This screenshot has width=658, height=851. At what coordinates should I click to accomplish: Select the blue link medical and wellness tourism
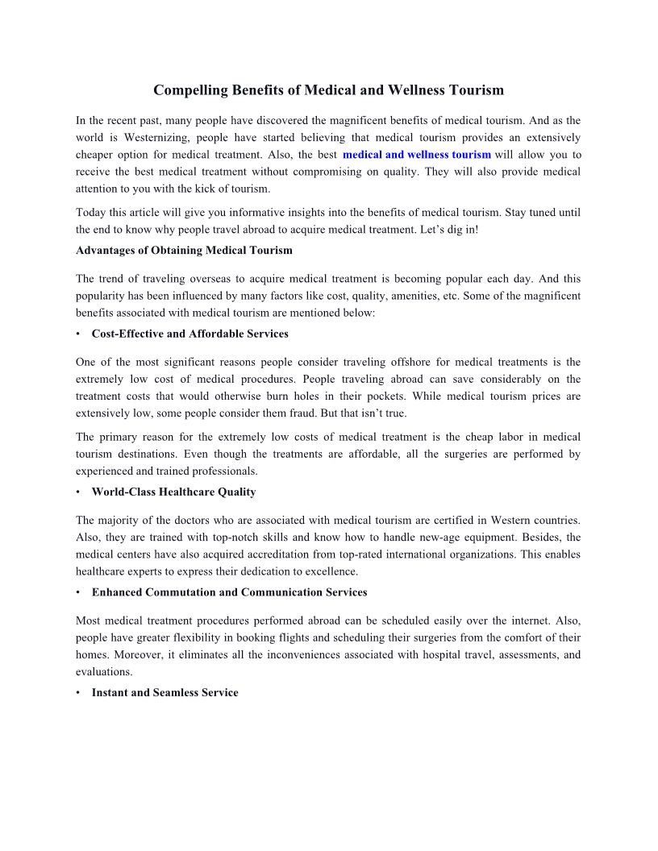416,155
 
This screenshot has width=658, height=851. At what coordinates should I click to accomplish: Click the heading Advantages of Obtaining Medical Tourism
184,251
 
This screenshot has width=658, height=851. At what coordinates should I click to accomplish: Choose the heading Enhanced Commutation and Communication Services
229,592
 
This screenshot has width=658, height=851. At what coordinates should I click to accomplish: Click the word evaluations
104,671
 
